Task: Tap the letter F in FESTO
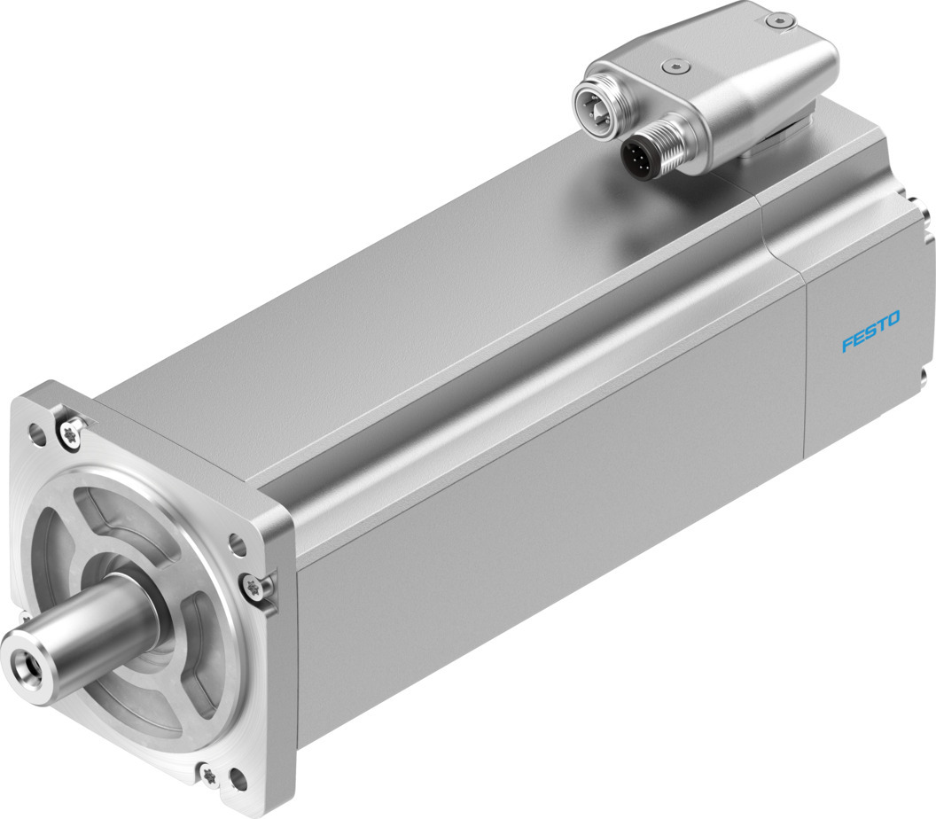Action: pyautogui.click(x=847, y=345)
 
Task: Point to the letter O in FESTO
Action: pyautogui.click(x=893, y=319)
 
